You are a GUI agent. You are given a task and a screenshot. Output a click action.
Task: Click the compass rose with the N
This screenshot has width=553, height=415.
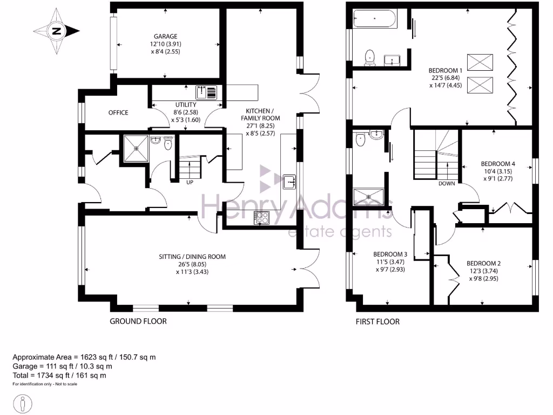pos(56,31)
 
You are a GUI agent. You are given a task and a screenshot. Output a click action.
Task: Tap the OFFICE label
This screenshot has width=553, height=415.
pos(118,112)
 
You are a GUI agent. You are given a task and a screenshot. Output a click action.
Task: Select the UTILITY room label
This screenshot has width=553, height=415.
pos(185,105)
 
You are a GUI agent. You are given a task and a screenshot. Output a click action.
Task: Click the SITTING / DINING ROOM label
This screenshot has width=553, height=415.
pos(192,257)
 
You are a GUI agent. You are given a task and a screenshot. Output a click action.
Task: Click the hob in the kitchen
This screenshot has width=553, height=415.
pos(262,218)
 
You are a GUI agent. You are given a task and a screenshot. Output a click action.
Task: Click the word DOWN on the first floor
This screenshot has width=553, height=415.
pos(446,183)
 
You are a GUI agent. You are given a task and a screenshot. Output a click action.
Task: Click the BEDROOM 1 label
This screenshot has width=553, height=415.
pos(446,70)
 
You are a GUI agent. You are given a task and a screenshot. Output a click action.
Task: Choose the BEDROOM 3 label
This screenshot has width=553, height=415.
pos(390,254)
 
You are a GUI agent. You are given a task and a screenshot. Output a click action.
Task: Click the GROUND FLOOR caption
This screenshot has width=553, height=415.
pos(138,322)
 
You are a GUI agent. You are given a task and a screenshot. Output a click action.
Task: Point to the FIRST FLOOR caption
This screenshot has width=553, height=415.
pos(377,322)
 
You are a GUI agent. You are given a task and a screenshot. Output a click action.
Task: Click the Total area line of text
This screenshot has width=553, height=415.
pos(59,375)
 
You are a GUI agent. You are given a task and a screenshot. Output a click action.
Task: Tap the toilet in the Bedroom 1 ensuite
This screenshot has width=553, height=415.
pos(370,56)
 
